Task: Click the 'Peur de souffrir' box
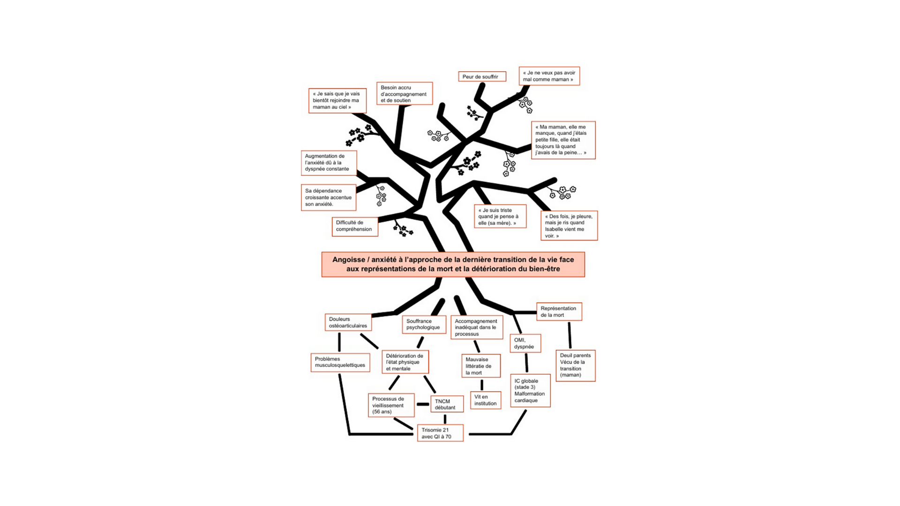pos(482,76)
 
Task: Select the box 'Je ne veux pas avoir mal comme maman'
pos(549,76)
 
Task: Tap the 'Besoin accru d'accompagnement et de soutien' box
pos(404,93)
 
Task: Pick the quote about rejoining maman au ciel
pos(337,100)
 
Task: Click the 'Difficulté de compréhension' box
pos(355,227)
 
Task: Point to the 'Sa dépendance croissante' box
pos(328,197)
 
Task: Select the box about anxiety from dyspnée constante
pos(329,163)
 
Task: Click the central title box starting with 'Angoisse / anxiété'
pos(453,264)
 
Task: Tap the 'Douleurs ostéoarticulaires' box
pos(348,322)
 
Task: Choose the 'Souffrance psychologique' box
pos(424,324)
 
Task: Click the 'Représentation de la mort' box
pos(559,312)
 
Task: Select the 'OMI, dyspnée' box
pos(525,343)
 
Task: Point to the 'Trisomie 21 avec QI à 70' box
pos(440,433)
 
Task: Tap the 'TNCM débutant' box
pos(447,404)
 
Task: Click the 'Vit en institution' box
pos(485,400)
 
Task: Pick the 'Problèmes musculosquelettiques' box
pos(340,362)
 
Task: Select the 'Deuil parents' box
pos(575,365)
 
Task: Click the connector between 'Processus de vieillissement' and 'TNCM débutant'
pos(423,404)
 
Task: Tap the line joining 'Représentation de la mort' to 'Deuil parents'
pos(570,335)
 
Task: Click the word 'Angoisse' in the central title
pos(348,260)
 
